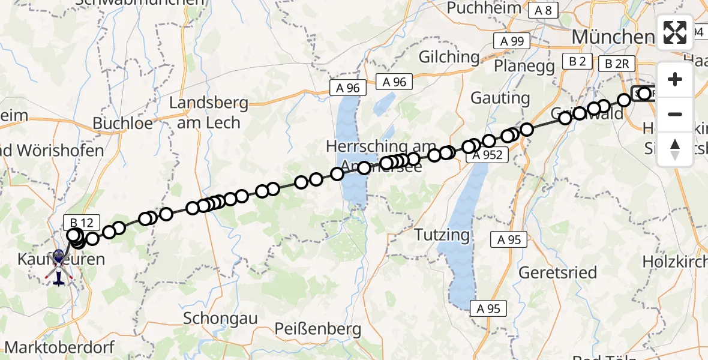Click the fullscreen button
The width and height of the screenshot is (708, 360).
675,32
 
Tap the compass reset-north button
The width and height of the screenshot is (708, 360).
675,149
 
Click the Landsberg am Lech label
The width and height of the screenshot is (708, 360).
208,113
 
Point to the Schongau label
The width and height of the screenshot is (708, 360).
221,317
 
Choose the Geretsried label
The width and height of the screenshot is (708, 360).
558,273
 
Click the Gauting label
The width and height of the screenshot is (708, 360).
500,98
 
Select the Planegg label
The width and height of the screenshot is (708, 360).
524,65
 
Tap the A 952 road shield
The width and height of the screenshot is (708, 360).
490,155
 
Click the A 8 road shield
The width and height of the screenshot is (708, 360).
544,10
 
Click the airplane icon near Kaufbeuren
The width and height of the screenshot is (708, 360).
58,278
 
